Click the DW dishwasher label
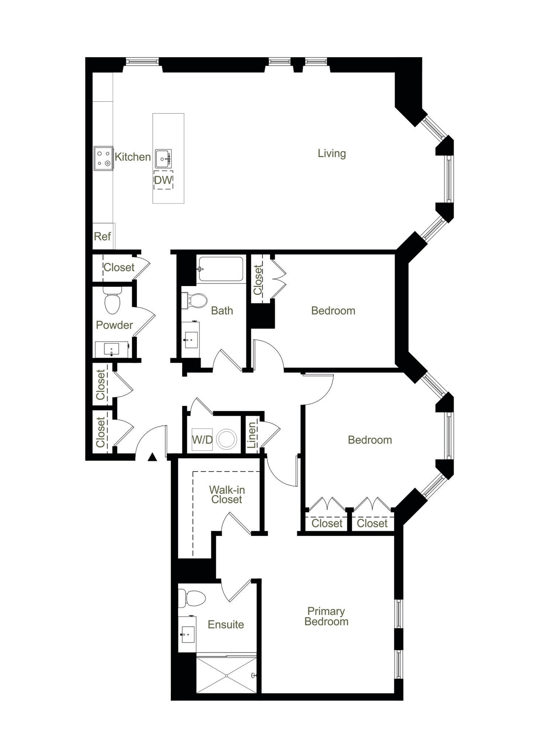[163, 180]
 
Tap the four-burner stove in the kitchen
[103, 158]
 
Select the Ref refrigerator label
[102, 236]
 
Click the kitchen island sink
[163, 159]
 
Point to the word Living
[332, 153]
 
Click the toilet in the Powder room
[112, 300]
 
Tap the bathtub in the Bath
[221, 269]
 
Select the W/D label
[202, 439]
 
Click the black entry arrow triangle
[152, 457]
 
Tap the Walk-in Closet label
[226, 494]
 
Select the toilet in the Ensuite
[192, 598]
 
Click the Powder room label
[114, 325]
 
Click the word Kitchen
[132, 157]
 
